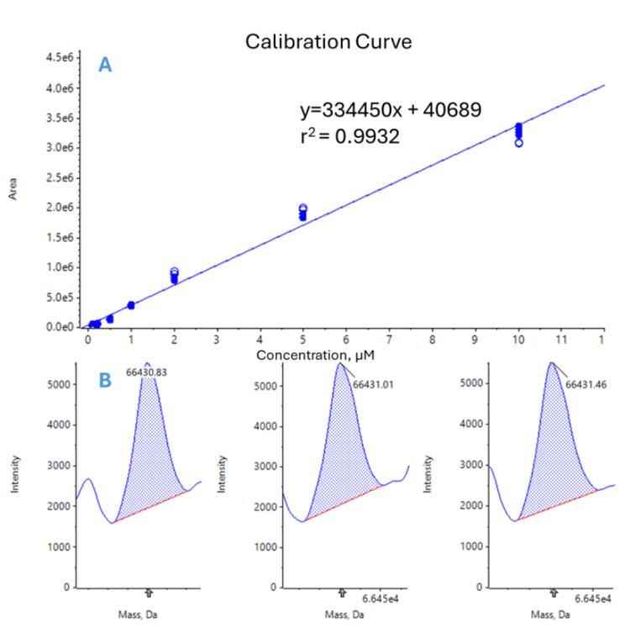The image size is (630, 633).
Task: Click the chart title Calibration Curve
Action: pyautogui.click(x=328, y=42)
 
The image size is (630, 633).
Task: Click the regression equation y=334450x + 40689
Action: pyautogui.click(x=391, y=110)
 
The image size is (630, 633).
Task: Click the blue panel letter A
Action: pyautogui.click(x=105, y=65)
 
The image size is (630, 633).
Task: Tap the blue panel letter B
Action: pyautogui.click(x=105, y=380)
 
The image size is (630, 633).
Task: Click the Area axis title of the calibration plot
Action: pyautogui.click(x=13, y=193)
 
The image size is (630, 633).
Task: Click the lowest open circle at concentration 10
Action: pyautogui.click(x=519, y=143)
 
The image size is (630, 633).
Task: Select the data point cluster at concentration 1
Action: pyautogui.click(x=131, y=305)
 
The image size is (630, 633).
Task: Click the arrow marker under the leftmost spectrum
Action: pyautogui.click(x=149, y=593)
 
